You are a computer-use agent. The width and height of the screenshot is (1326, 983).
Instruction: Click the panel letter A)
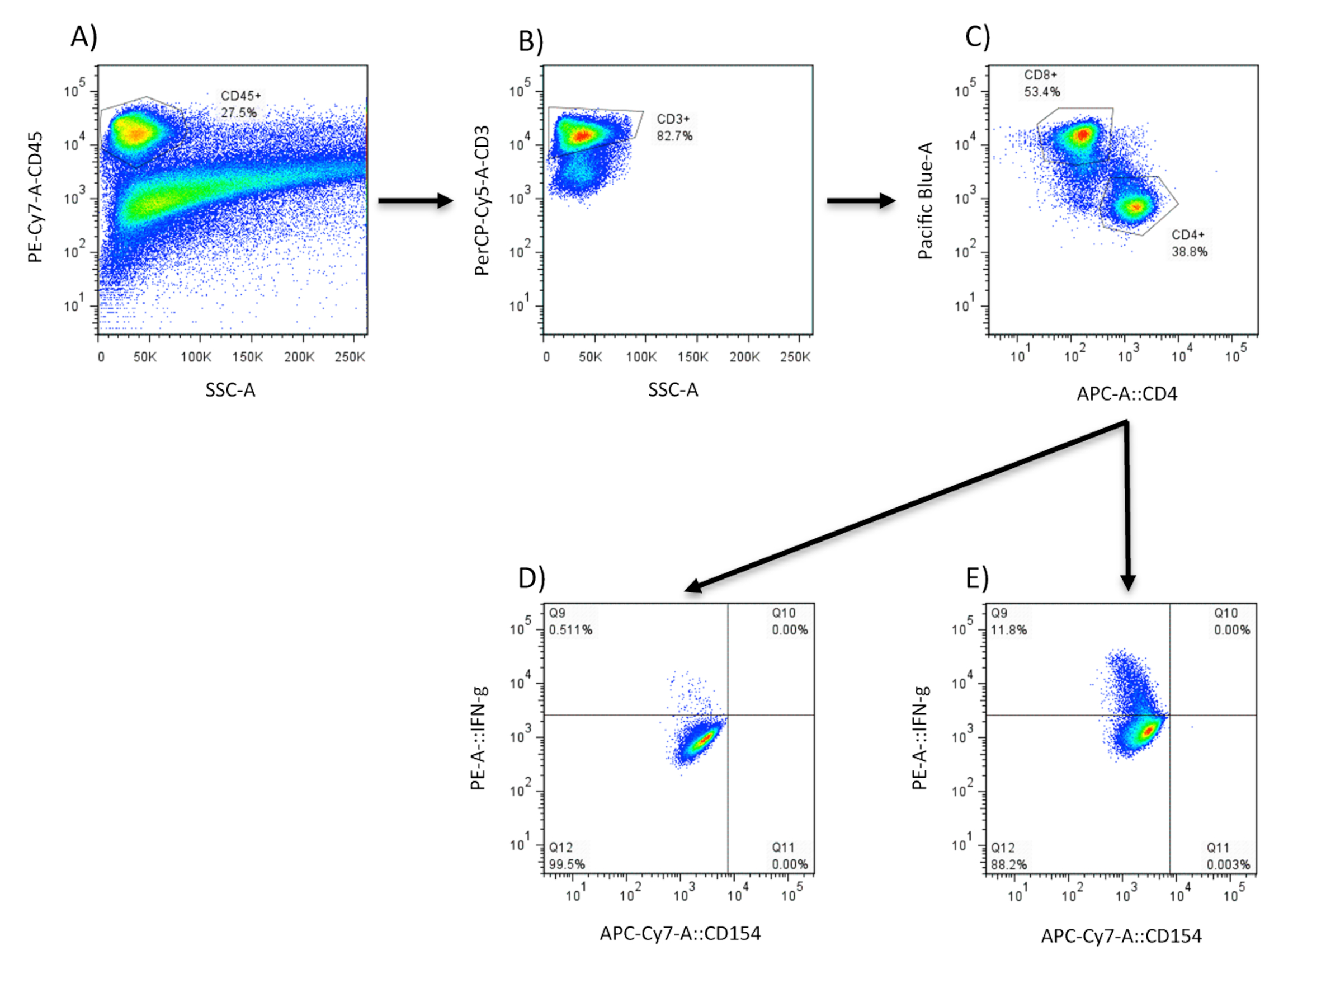click(83, 37)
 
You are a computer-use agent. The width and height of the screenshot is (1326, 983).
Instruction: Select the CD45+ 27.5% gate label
click(240, 104)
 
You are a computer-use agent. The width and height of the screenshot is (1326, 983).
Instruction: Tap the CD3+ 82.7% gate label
click(674, 128)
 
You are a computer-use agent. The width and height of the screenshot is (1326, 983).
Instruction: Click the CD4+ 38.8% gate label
click(1189, 243)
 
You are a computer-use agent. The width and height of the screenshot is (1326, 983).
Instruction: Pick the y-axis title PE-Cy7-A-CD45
click(36, 197)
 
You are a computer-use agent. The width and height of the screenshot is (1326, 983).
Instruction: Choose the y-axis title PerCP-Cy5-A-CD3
click(482, 200)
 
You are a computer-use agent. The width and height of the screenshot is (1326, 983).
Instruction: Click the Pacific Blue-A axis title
click(925, 200)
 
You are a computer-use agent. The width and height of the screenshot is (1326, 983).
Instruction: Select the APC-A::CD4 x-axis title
click(1127, 394)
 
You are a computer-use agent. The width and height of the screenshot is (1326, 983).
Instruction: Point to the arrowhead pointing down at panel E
click(1128, 582)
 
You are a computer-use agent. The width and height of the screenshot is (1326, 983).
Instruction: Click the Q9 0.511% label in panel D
click(570, 621)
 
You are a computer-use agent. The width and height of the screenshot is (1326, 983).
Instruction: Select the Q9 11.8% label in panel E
click(1008, 621)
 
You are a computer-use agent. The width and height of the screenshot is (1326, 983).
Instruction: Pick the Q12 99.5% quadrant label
click(567, 855)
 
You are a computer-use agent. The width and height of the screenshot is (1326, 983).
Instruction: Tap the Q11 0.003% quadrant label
click(1228, 855)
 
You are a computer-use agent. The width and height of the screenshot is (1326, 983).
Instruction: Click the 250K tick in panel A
click(349, 357)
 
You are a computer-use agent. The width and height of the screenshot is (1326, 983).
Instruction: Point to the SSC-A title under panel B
click(673, 391)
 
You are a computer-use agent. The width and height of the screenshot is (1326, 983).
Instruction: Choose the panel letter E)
click(977, 578)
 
